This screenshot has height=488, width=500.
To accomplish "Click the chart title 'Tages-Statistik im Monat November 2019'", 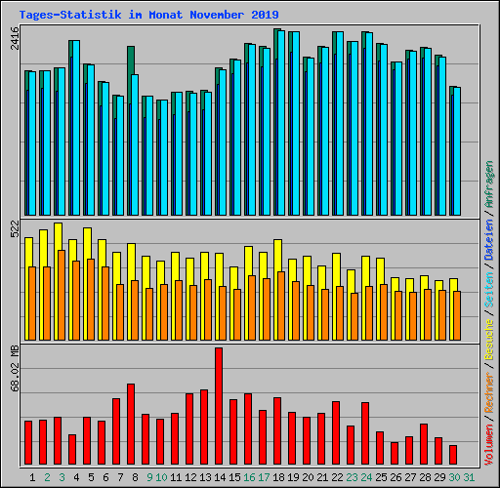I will (x=148, y=15).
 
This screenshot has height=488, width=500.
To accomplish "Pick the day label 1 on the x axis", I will (x=33, y=477).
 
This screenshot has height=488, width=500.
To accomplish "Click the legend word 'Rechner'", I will (x=489, y=391).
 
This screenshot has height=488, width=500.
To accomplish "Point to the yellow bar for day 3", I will (x=58, y=235).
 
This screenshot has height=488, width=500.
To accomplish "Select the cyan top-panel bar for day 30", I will (x=456, y=151).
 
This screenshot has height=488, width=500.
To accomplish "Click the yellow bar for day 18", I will (x=277, y=254).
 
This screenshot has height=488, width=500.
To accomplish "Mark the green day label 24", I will (x=365, y=477).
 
